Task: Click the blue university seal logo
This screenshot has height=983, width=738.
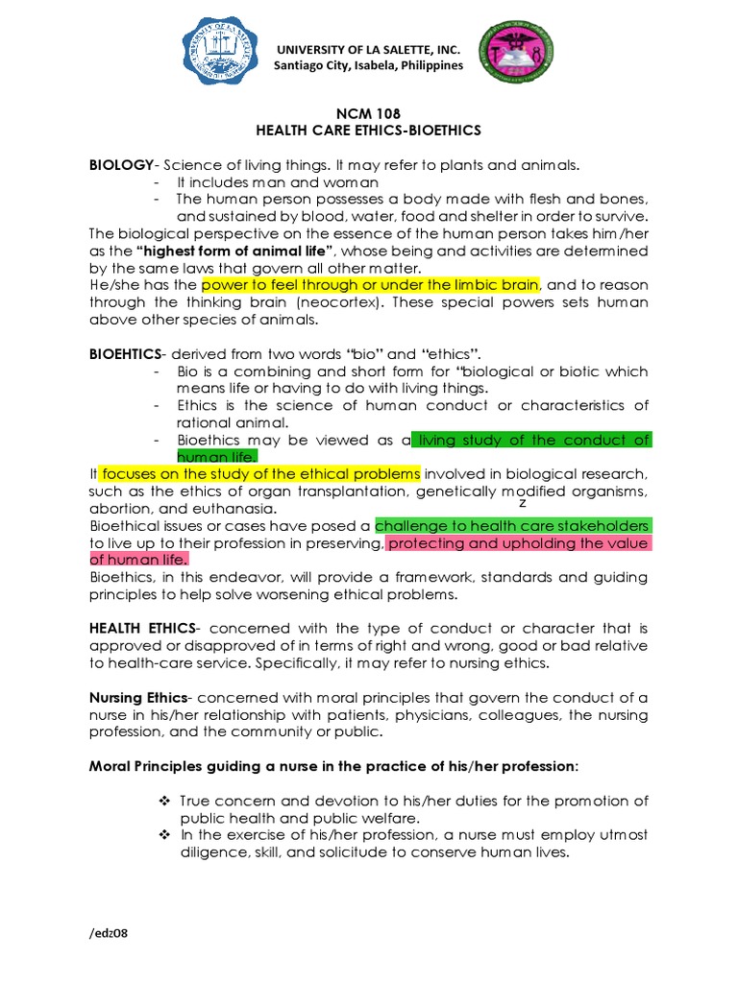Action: [223, 57]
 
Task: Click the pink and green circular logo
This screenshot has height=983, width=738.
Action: [522, 57]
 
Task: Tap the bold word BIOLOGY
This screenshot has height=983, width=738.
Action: [120, 165]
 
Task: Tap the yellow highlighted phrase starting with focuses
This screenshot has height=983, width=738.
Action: [260, 474]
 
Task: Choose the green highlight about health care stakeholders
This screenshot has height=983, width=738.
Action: [512, 526]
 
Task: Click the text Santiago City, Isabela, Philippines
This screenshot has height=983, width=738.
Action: [368, 65]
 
